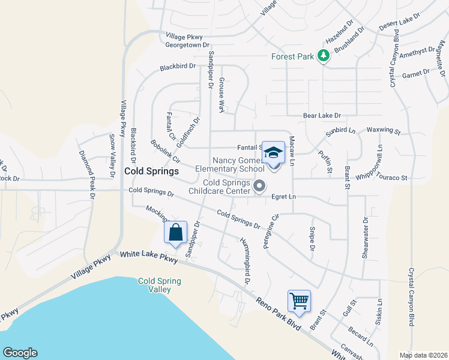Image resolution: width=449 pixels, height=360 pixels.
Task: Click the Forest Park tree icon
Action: (324, 56)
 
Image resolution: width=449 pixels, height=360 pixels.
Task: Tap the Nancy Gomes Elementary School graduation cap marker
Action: (273, 153)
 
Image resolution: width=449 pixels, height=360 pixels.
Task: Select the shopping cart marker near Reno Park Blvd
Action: (298, 300)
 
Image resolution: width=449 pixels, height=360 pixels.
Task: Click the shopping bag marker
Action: (176, 232)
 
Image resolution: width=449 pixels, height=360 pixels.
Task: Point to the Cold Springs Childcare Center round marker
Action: (259, 186)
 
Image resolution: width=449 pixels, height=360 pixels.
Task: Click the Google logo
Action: (20, 353)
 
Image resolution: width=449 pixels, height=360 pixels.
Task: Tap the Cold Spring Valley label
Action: (159, 285)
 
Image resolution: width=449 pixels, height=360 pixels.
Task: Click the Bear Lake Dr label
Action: (321, 115)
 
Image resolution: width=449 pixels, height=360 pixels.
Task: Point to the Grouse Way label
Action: (221, 95)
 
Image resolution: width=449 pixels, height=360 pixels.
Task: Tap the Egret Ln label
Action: (284, 196)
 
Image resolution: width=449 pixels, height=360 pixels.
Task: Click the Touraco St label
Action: (392, 178)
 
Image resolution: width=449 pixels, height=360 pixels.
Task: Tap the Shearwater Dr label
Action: (365, 238)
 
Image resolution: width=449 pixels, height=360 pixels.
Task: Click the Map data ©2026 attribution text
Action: (423, 355)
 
